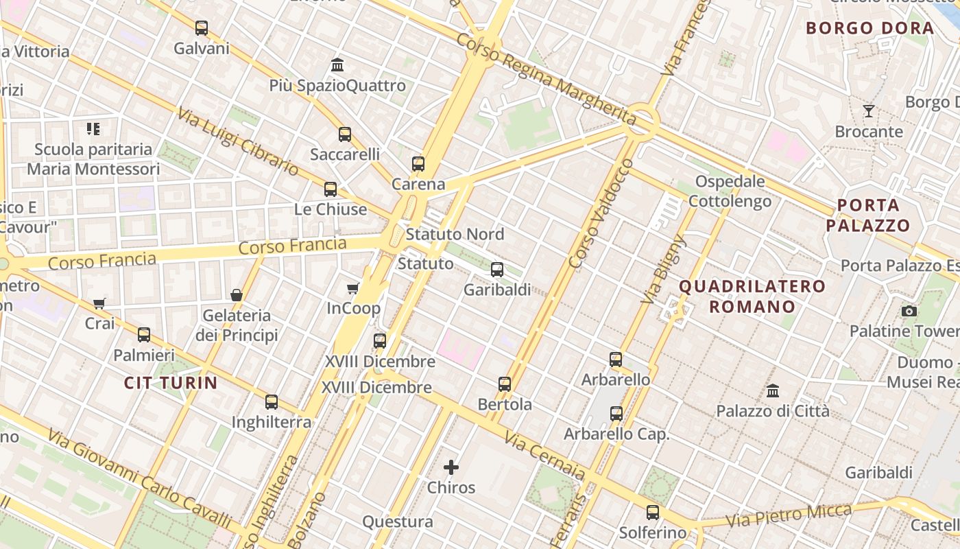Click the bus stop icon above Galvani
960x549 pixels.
[x=201, y=28]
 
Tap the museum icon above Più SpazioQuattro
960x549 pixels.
[x=337, y=65]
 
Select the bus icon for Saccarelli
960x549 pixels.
[x=345, y=135]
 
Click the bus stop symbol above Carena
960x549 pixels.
[x=418, y=164]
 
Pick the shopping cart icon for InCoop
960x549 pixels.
[x=353, y=288]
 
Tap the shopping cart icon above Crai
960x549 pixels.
[x=99, y=303]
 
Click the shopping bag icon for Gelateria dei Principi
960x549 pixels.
[x=237, y=295]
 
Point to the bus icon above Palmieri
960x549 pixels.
[x=144, y=335]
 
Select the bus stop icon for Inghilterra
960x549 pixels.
[x=272, y=402]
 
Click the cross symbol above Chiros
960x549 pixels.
[x=451, y=467]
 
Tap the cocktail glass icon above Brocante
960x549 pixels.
[x=869, y=110]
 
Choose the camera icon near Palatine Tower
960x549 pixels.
[x=909, y=311]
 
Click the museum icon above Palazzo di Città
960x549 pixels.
[x=773, y=390]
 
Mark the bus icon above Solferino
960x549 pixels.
[x=653, y=512]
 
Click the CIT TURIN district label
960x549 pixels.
[x=171, y=383]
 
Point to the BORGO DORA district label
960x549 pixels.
[x=870, y=28]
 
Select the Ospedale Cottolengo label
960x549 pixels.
[x=730, y=191]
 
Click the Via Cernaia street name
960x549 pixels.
[x=545, y=455]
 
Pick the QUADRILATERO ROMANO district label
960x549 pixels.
[x=752, y=296]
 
